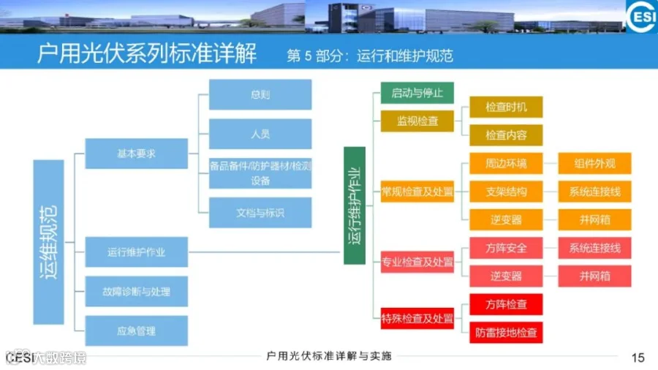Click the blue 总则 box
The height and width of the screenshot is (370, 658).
pyautogui.click(x=260, y=95)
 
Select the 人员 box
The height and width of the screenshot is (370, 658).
pyautogui.click(x=260, y=134)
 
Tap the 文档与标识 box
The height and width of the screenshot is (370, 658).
pyautogui.click(x=260, y=212)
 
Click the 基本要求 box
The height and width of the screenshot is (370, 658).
pyautogui.click(x=136, y=154)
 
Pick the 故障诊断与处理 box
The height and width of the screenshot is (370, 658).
pyautogui.click(x=136, y=292)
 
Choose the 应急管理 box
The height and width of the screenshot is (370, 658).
pyautogui.click(x=136, y=331)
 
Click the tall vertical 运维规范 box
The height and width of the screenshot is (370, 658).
pyautogui.click(x=49, y=242)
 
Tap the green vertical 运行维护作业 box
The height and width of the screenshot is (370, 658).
pyautogui.click(x=355, y=205)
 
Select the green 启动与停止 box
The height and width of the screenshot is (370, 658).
pyautogui.click(x=417, y=93)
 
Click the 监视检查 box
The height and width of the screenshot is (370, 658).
pyautogui.click(x=417, y=121)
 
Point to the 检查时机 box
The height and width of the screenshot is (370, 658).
pyautogui.click(x=506, y=107)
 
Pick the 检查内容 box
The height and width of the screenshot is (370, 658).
pyautogui.click(x=506, y=135)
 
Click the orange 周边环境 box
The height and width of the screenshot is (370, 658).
pyautogui.click(x=506, y=163)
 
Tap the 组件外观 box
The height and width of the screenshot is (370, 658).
pyautogui.click(x=594, y=163)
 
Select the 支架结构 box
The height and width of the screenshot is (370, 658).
pyautogui.click(x=506, y=192)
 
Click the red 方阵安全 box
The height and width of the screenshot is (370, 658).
pyautogui.click(x=506, y=248)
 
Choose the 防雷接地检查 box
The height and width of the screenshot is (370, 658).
pyautogui.click(x=506, y=333)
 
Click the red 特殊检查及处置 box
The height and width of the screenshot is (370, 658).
pyautogui.click(x=417, y=318)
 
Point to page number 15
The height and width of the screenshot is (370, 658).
pyautogui.click(x=638, y=358)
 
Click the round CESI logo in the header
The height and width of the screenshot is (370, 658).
pyautogui.click(x=640, y=16)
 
